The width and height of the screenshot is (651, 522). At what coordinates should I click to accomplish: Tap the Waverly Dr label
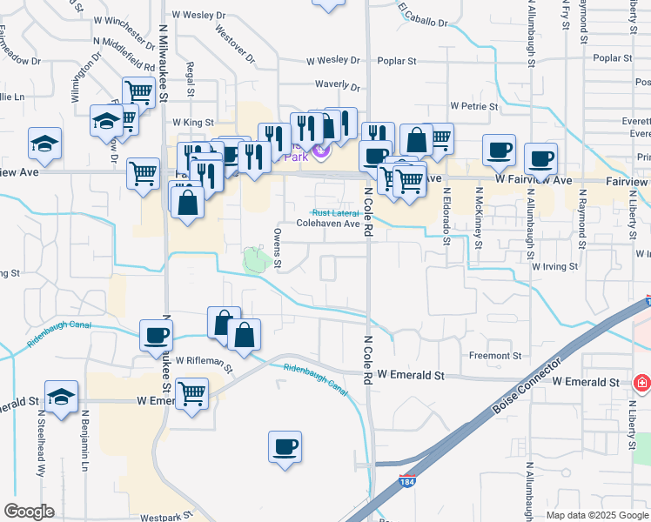tap(337, 85)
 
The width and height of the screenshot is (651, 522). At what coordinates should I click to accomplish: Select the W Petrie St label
tap(473, 106)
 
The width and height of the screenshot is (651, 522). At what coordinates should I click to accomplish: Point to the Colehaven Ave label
tap(328, 224)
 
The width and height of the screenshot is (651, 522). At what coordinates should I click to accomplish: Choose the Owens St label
tap(278, 248)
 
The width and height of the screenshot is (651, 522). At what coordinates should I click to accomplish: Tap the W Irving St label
tap(555, 266)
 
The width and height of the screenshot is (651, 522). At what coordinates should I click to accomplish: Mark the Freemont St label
tap(495, 356)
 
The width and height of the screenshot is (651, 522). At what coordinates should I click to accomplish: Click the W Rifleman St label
tap(204, 361)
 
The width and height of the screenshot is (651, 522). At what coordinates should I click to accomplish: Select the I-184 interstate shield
tap(406, 480)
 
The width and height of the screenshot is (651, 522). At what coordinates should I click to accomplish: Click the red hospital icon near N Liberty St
tap(642, 383)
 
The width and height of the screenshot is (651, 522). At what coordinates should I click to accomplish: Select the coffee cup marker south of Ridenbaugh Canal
tap(285, 447)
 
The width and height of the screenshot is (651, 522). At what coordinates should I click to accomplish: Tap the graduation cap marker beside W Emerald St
tap(61, 398)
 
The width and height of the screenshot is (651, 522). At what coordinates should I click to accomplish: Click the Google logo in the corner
tap(29, 512)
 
